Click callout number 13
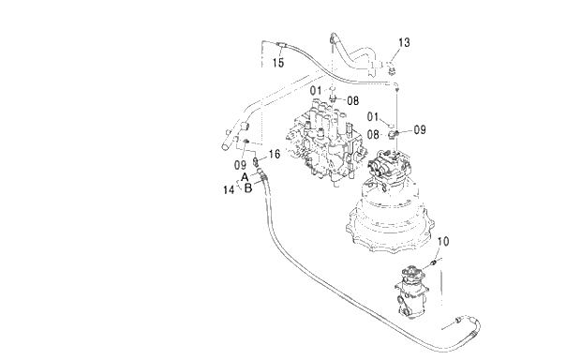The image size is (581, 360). (404, 42)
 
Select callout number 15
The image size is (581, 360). (278, 63)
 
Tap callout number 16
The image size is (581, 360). (275, 154)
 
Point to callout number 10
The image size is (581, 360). (443, 241)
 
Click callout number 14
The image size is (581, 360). (229, 189)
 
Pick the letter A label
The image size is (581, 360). (245, 177)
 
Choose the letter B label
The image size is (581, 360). (248, 188)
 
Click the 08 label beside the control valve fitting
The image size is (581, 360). (353, 100)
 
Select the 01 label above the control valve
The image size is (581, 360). (316, 90)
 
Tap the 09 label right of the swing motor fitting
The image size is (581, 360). (420, 129)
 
